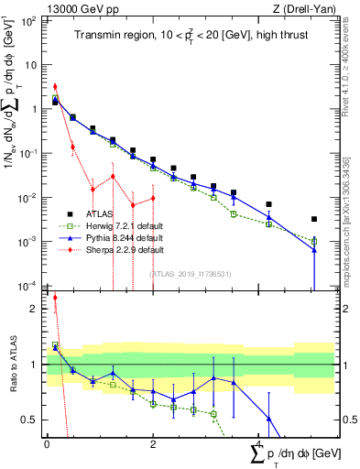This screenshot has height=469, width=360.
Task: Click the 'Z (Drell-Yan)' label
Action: click(306, 8)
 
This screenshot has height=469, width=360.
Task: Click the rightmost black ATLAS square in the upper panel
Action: click(314, 220)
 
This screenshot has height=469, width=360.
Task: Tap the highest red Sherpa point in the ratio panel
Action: click(55, 298)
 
